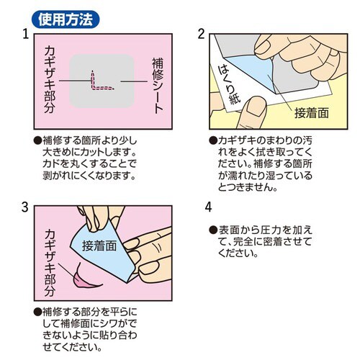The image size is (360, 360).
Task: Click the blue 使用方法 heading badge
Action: (66, 15)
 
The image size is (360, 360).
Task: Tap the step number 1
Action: (25, 35)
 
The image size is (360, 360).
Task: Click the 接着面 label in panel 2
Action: (310, 112)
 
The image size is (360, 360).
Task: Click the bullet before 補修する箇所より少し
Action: (37, 141)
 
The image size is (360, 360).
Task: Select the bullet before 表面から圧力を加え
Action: (212, 230)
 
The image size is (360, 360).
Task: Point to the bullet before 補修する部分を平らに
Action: (37, 313)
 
